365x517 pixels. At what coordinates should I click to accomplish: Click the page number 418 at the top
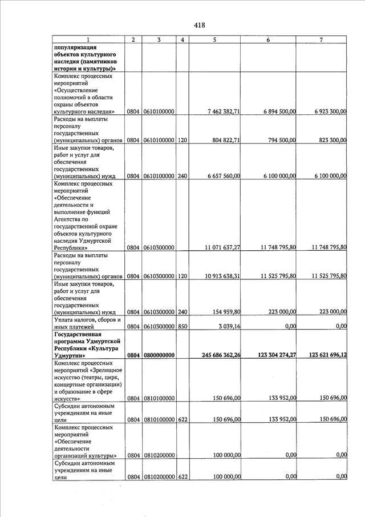(x=199, y=25)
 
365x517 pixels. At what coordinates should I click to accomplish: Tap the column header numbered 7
(x=322, y=39)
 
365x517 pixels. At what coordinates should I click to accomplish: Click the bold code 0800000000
(x=159, y=355)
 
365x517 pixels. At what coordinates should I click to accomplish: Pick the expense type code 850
(x=182, y=326)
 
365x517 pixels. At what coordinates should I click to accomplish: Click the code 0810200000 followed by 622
(x=159, y=476)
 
